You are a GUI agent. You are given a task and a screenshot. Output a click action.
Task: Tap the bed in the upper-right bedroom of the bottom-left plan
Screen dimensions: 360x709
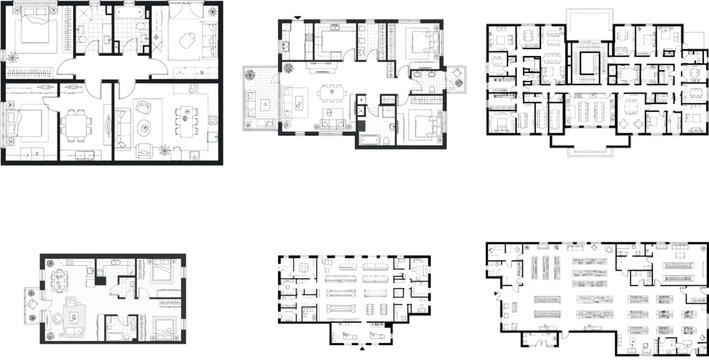pos(161,271)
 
